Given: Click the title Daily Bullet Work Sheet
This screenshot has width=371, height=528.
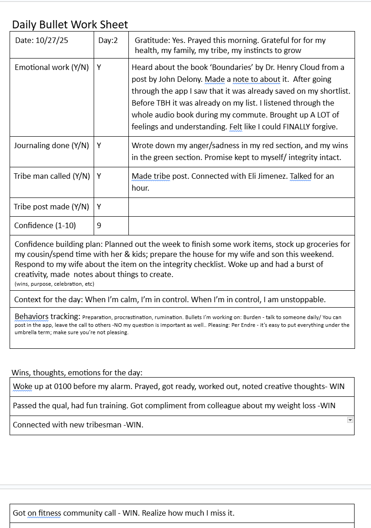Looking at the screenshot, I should (70, 25).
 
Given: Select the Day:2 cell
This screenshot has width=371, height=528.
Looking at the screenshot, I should (108, 40).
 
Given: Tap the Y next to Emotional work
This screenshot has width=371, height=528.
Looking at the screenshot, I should (99, 67).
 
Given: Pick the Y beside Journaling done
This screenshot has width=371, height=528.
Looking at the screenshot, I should (99, 145).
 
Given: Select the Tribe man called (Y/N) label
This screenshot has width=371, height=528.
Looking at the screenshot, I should (52, 176).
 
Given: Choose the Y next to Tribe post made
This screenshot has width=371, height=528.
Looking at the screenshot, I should (99, 207).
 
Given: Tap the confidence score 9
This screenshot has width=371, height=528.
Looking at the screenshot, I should (99, 225).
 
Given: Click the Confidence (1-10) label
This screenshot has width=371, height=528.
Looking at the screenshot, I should (45, 225).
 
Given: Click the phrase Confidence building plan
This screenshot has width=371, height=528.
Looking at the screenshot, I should (58, 244).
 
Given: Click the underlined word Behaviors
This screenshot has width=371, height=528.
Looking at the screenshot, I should (31, 316).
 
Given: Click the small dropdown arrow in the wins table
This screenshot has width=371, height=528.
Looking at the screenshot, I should (350, 420).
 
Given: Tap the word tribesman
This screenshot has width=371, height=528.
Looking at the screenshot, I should (102, 425).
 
